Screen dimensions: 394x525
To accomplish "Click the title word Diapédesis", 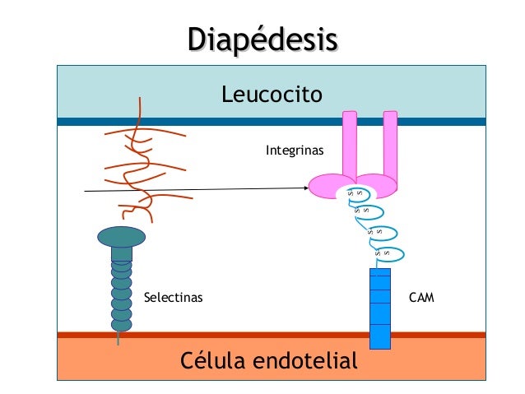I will click(262, 39).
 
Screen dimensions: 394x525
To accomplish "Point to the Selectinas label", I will click(173, 295).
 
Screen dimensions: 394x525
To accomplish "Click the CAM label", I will click(420, 295).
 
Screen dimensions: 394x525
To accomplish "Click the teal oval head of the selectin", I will click(121, 238).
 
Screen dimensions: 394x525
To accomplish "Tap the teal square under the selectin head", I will click(121, 253).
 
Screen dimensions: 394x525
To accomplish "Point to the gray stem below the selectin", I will click(120, 337).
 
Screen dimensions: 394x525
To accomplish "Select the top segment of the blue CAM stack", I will click(379, 276).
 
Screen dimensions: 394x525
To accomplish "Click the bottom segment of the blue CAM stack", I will click(379, 337).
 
